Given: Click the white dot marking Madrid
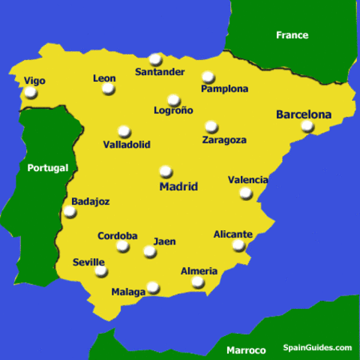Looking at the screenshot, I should pos(166,172).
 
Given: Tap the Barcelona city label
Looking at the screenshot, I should pos(304,115).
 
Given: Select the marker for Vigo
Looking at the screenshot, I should pos(31,93).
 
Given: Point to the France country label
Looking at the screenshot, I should pos(292,35).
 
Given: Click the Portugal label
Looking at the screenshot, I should pos(47,168).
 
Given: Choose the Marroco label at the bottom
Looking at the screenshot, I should pos(246,350).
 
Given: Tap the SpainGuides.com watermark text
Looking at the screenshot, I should pos(317,348).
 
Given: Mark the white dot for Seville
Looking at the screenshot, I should pos(100,271).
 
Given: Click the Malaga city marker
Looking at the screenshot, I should pos(153,286).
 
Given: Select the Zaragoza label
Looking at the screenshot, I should pos(224,139).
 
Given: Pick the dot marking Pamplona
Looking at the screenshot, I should pos(208,76).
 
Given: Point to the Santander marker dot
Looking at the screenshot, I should pos(155,59).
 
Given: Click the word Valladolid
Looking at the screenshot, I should pos(127,144).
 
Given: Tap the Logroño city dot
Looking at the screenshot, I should pos(174,100).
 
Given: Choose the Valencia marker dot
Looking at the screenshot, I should pos(245,193).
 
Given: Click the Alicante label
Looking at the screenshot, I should pos(233,234).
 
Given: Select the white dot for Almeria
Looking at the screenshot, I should pos(197,282).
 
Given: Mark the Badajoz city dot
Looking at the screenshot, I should pos(70,211).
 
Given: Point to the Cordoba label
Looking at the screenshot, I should pos(118,236).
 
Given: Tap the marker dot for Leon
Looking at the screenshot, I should pos(109,88).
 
